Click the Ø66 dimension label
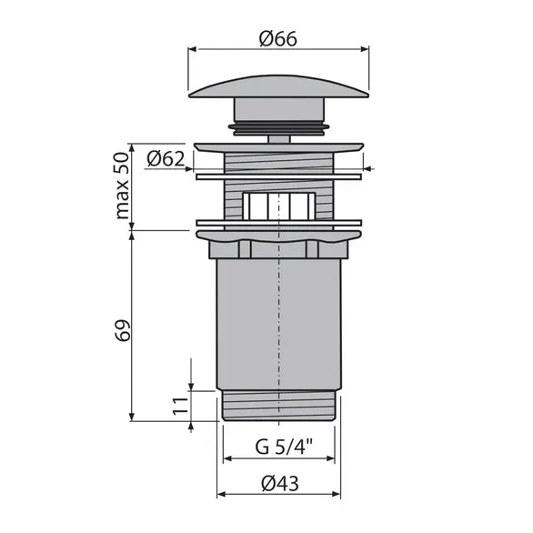point(278,39)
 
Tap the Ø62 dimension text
point(166,158)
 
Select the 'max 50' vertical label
point(123,186)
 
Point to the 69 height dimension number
point(123,330)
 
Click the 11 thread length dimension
point(180,406)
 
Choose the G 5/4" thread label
point(284,447)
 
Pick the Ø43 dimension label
point(280,483)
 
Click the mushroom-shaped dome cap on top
point(278,86)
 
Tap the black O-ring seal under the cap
point(278,127)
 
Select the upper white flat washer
point(278,176)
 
